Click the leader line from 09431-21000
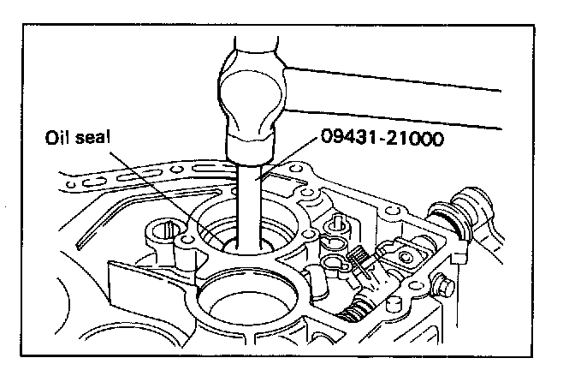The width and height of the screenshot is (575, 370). tap(291, 163)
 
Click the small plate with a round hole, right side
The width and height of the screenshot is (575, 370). tap(401, 254)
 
